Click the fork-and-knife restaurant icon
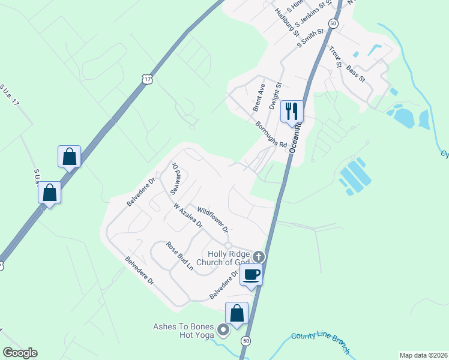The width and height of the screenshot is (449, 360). pos(292,111)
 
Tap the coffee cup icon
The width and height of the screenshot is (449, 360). pos(251,275)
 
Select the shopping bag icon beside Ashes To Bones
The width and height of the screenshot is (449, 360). pos(237,313)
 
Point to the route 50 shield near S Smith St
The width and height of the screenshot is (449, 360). pos(334,23)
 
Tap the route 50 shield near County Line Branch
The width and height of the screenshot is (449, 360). pos(245,340)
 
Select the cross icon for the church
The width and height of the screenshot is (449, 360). pos(259,257)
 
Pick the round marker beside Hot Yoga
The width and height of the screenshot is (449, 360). pos(223,329)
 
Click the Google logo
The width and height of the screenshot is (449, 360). pos(20,353)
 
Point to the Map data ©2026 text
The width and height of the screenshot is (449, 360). pos(424,355)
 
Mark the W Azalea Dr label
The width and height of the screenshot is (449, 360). pos(187,215)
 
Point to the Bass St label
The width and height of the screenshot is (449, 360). pos(355,74)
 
